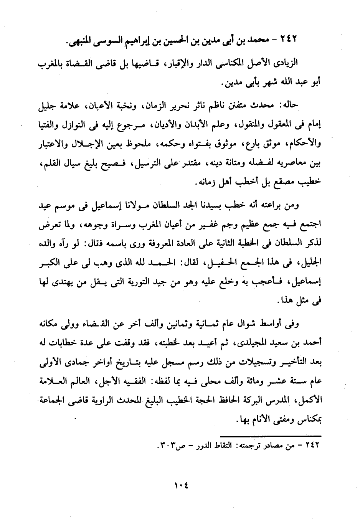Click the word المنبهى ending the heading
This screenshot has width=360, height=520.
(83, 41)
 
